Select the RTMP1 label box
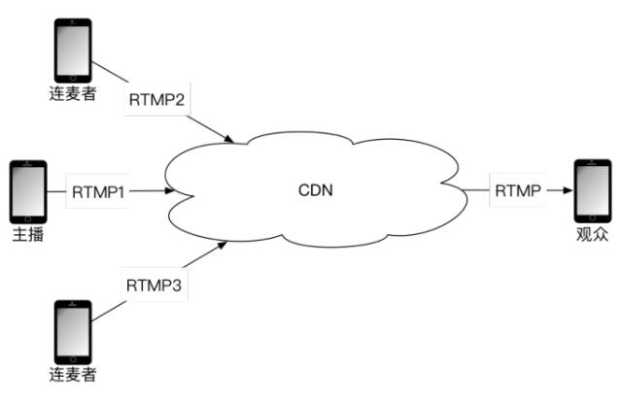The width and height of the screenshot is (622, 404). click(x=98, y=191)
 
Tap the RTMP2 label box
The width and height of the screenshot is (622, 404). click(x=155, y=99)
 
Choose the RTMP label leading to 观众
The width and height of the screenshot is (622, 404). click(x=517, y=190)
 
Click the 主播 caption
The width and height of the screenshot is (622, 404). click(x=26, y=236)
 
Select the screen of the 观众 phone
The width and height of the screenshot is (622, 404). click(x=593, y=190)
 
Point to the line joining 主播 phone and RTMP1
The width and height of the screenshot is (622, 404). click(x=56, y=191)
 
